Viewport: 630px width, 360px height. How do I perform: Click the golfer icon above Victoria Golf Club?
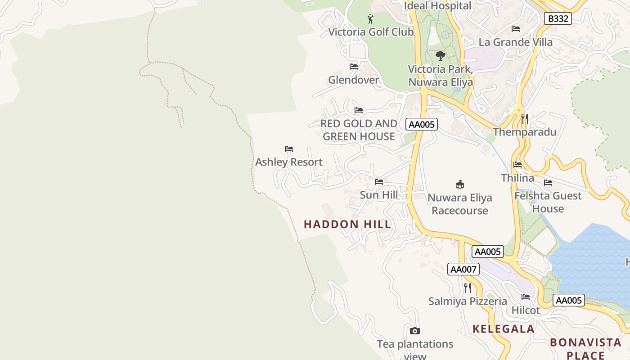pyautogui.click(x=370, y=19)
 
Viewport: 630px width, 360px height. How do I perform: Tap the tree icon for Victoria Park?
pyautogui.click(x=441, y=56)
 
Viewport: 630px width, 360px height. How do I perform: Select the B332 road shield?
pyautogui.click(x=558, y=18)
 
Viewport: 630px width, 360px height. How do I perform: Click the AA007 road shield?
pyautogui.click(x=463, y=269)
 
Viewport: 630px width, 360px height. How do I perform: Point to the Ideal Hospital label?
pyautogui.click(x=437, y=6)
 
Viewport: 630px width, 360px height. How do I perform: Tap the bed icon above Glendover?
pyautogui.click(x=354, y=67)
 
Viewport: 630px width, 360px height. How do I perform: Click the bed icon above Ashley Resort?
pyautogui.click(x=289, y=149)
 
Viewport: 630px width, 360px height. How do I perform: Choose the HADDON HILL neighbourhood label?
pyautogui.click(x=347, y=224)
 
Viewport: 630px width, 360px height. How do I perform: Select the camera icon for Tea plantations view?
pyautogui.click(x=415, y=331)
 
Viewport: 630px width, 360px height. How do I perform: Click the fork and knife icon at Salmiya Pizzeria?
pyautogui.click(x=468, y=288)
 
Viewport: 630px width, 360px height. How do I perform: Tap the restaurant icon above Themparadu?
pyautogui.click(x=525, y=119)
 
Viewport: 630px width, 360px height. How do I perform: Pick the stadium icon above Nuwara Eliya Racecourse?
pyautogui.click(x=460, y=184)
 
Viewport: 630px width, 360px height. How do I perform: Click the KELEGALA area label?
pyautogui.click(x=504, y=329)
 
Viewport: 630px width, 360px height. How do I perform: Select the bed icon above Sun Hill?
pyautogui.click(x=379, y=182)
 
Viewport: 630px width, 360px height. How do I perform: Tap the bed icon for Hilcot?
pyautogui.click(x=526, y=297)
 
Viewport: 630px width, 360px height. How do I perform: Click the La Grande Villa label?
pyautogui.click(x=516, y=42)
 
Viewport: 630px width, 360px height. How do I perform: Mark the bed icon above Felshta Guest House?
pyautogui.click(x=548, y=183)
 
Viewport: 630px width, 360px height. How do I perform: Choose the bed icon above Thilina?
pyautogui.click(x=517, y=165)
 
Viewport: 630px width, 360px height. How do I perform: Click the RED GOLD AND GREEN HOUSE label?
pyautogui.click(x=359, y=130)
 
